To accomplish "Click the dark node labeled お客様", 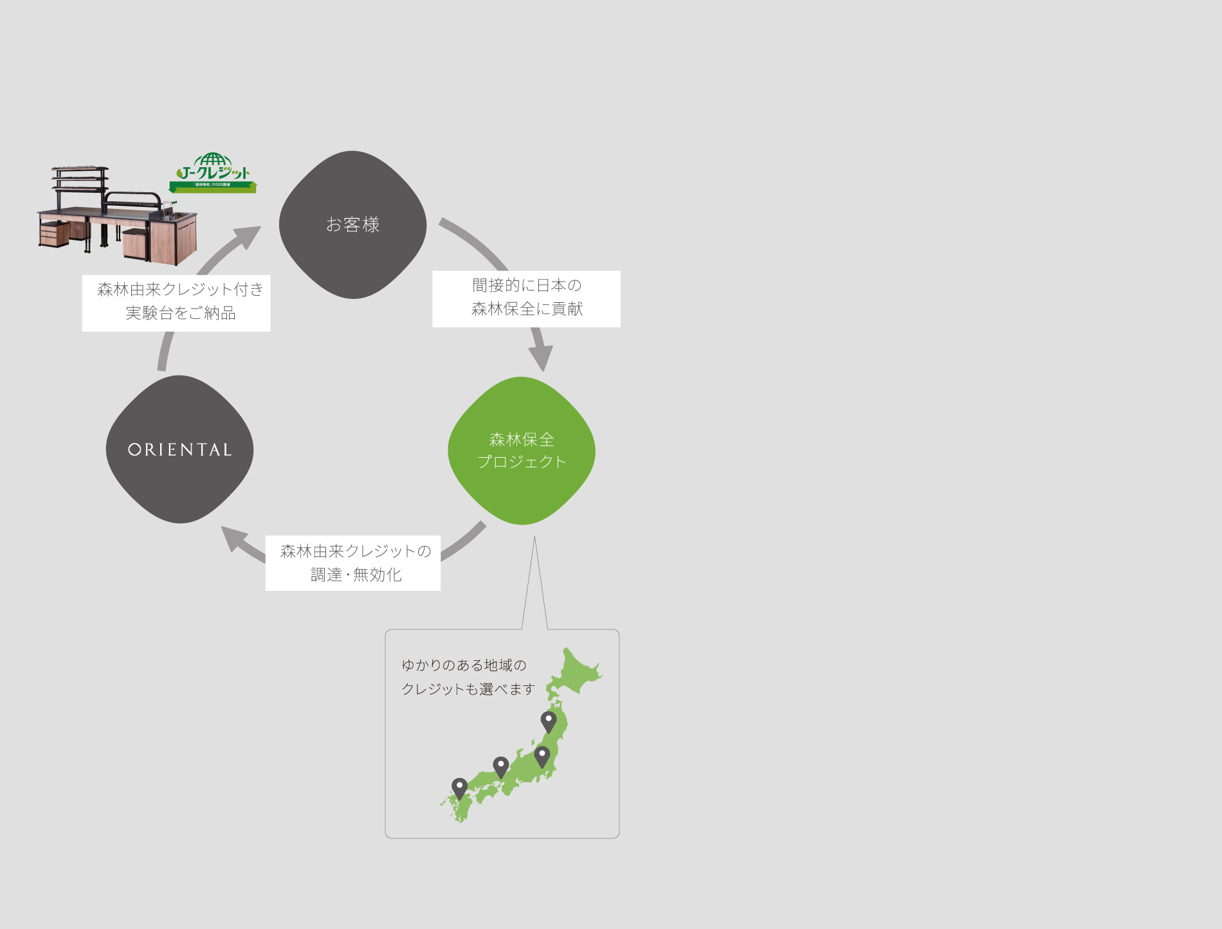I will click(352, 224).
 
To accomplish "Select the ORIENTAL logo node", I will click(179, 449).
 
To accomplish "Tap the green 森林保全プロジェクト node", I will click(522, 451).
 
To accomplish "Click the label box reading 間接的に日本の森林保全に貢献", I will click(526, 298).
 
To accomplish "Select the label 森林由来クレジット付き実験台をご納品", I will click(176, 303).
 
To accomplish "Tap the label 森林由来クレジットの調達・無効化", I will click(353, 563).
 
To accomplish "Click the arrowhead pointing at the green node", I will click(542, 357).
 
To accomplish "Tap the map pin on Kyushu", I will click(459, 788).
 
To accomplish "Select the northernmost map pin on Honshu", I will click(549, 721).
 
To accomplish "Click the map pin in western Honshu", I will click(500, 766).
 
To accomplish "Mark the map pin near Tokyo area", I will click(542, 756).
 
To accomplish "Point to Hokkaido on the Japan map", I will click(575, 672).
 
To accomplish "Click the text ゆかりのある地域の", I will click(464, 665).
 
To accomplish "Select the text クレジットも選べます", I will click(468, 689).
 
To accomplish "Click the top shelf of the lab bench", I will click(80, 170).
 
